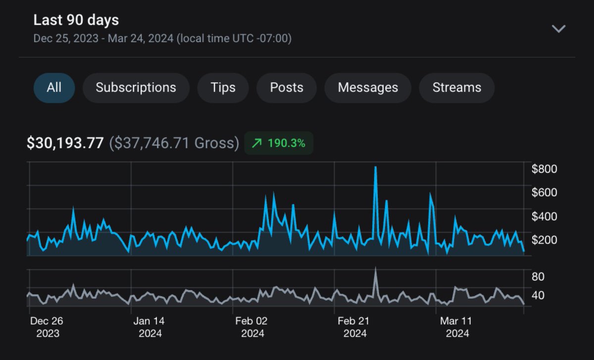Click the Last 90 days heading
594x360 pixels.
[76, 20]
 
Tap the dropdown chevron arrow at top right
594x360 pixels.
[559, 29]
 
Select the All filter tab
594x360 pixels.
[54, 88]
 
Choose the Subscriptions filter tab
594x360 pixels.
[136, 88]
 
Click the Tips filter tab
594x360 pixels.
[223, 88]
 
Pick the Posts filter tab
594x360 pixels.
[286, 88]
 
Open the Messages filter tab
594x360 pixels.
[367, 88]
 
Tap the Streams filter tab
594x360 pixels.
[456, 88]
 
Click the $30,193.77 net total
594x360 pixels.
[65, 144]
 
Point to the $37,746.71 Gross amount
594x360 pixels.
[174, 144]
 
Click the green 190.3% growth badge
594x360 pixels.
[279, 144]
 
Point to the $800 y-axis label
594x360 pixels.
[544, 169]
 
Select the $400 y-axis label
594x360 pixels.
[544, 216]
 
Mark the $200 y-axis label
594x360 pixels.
[544, 240]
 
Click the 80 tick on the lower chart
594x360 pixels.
[538, 276]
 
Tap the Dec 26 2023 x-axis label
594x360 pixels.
[47, 327]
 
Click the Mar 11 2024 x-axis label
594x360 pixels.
[456, 327]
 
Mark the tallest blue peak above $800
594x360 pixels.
[376, 167]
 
